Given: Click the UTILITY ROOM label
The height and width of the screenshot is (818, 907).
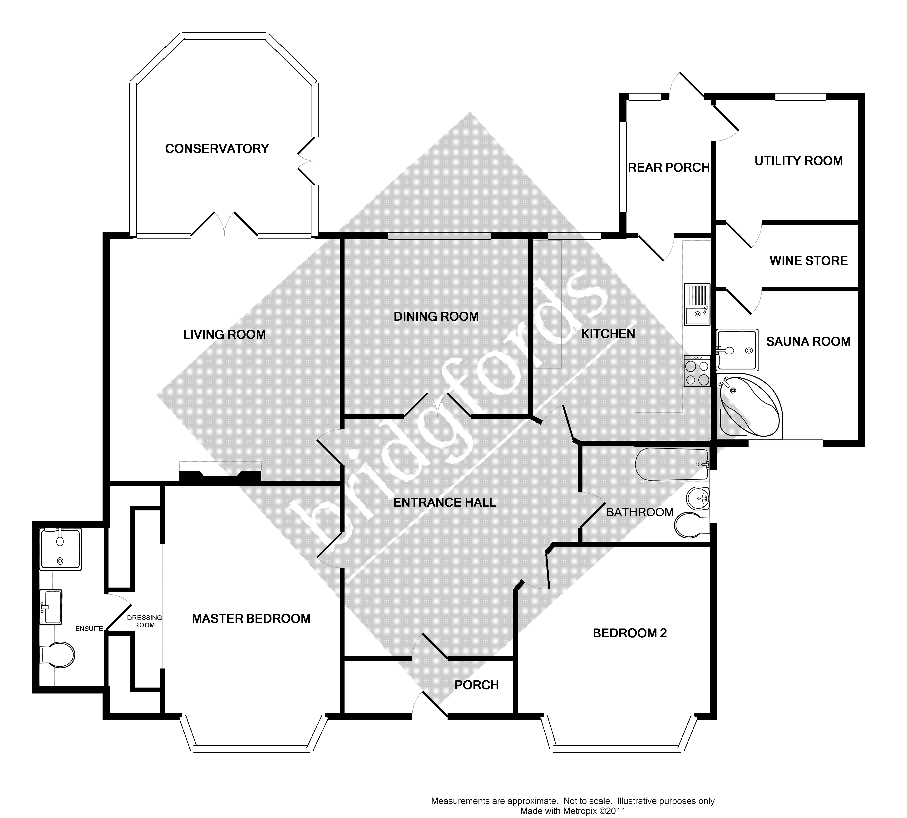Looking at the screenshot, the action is (798, 161).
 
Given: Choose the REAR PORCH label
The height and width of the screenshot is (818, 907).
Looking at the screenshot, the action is (668, 168).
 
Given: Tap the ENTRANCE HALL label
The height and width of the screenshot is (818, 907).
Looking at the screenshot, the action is (444, 503).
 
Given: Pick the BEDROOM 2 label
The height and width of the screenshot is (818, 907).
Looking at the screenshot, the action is (629, 633).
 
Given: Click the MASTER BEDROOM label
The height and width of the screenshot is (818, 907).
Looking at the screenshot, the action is (251, 619).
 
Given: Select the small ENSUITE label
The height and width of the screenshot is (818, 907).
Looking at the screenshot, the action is (89, 629).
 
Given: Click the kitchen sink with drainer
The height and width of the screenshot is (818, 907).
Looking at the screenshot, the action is (696, 304).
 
